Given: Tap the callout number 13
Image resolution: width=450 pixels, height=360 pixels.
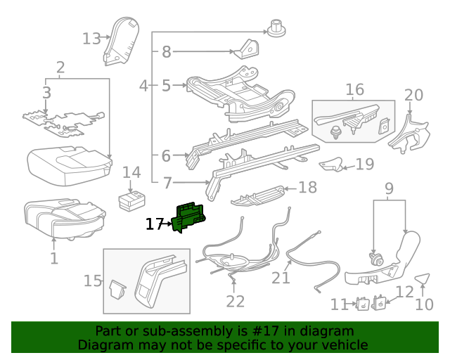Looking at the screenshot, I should coord(91,38).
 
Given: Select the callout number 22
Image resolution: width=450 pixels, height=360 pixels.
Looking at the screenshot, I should coord(235,301).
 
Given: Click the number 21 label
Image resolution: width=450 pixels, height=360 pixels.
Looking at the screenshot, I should coord(281,278).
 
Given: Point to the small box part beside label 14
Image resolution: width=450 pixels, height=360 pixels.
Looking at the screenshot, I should coord(131,199).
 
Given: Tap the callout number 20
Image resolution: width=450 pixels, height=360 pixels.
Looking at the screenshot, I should coord(414,95).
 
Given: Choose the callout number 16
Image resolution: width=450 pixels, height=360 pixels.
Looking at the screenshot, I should coord(354,89).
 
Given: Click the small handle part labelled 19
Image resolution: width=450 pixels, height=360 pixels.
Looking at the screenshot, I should coord(331,165).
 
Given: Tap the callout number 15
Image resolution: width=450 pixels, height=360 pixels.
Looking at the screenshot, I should coord(93,281).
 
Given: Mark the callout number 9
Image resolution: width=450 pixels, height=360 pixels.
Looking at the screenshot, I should coord(389,188).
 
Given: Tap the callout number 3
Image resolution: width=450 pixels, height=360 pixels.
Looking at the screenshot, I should coord(46,92).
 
